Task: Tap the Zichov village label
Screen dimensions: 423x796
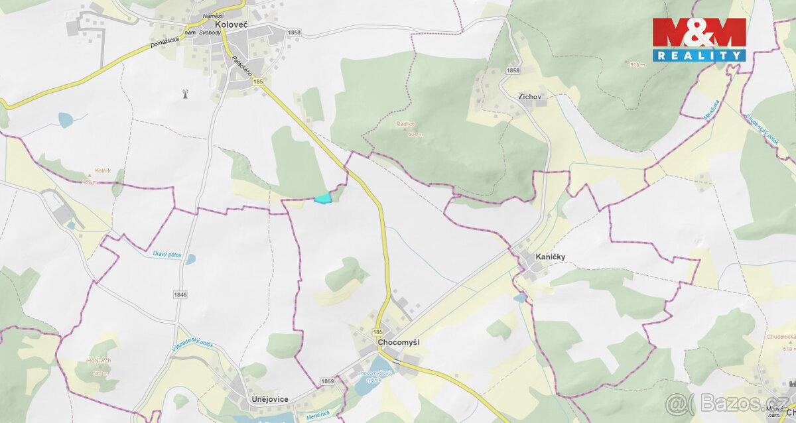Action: point(530,96)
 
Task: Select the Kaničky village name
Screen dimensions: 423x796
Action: point(551,256)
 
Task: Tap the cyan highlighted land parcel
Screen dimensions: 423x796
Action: point(322,198)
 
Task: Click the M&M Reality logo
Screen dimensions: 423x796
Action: point(699,39)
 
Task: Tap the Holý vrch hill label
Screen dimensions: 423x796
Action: point(98,361)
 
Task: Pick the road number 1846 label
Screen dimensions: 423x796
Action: point(180,294)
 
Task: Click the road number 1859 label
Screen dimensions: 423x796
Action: point(327,381)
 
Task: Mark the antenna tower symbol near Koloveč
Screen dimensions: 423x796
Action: point(186,93)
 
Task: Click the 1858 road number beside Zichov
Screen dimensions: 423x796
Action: point(512,71)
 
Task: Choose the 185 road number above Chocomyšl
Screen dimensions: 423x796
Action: point(378,331)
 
